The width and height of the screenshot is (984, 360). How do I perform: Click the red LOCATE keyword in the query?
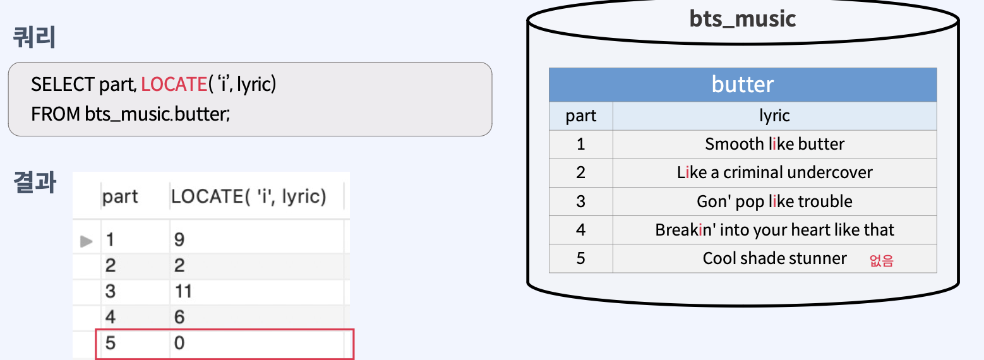(174, 84)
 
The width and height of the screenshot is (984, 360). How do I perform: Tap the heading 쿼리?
(34, 38)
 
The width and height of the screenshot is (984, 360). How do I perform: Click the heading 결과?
(34, 183)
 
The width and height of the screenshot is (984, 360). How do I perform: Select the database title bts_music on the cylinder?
(742, 18)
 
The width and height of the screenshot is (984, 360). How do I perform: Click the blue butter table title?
(742, 85)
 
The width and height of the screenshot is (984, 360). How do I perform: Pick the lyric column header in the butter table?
(774, 116)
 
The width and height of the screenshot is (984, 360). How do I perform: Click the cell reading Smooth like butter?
(774, 144)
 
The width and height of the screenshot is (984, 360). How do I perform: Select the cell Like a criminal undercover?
(774, 172)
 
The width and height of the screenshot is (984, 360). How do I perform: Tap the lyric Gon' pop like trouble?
(774, 201)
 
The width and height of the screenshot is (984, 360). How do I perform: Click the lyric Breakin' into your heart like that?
(774, 230)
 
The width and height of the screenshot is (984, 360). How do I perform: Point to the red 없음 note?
(881, 260)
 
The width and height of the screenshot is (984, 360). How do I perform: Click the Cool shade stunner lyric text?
(774, 258)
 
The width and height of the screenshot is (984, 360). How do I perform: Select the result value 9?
(179, 240)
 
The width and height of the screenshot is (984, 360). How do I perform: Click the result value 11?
(183, 292)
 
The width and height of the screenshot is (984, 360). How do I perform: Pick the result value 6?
(179, 318)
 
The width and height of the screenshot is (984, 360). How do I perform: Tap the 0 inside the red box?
(179, 344)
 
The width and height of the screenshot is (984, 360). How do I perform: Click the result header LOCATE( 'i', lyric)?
(249, 197)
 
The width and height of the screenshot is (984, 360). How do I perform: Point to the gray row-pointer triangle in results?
(87, 241)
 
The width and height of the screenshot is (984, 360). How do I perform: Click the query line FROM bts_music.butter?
(130, 114)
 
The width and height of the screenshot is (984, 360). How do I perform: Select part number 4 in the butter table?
(580, 230)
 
